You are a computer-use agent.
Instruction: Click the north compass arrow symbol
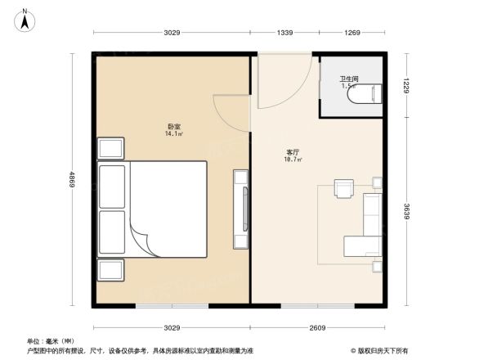coord(25,18)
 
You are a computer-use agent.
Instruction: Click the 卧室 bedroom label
coord(173,126)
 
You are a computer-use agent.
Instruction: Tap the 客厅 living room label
coord(292,152)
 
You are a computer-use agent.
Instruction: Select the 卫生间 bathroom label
coord(349,79)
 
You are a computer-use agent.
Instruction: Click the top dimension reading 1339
coord(284,33)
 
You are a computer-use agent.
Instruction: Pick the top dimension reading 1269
coord(351,33)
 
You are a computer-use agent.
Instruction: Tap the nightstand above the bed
coord(111,149)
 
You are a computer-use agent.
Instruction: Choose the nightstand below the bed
coord(111,269)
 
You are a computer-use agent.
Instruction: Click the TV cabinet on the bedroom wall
coord(241,209)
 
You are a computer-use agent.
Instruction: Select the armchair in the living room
coord(343,189)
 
